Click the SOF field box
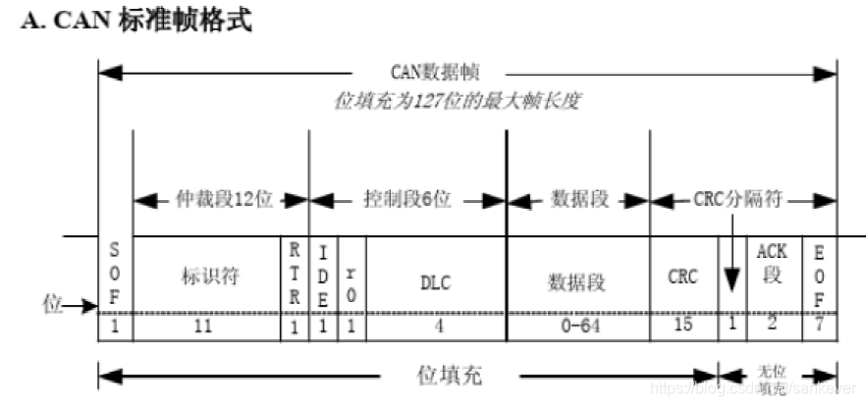click(x=115, y=276)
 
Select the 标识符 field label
click(x=204, y=278)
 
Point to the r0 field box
click(x=352, y=277)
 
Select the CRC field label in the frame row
click(x=682, y=278)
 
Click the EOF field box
click(x=819, y=276)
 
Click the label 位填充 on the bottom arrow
click(x=448, y=376)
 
